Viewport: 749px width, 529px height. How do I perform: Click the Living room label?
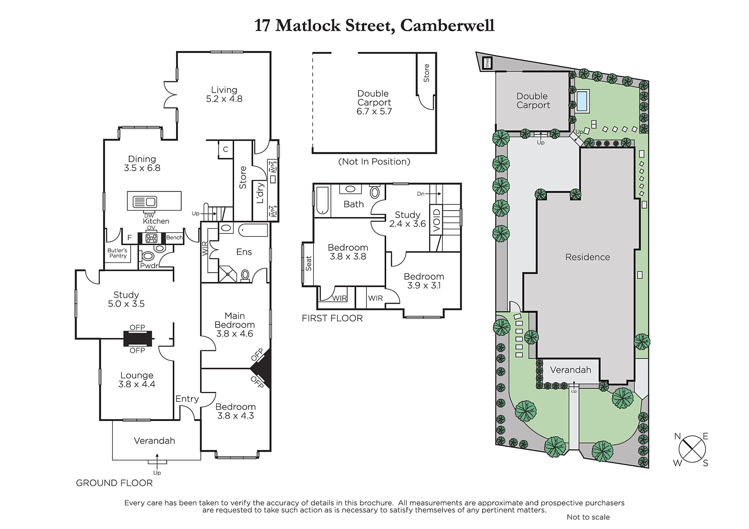(x=224, y=90)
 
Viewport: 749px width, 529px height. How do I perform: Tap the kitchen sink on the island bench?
(x=145, y=202)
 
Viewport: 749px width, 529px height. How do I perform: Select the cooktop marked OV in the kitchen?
(x=152, y=238)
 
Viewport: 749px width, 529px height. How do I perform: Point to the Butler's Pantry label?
(x=117, y=253)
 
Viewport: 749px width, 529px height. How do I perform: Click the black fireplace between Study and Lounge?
(x=138, y=339)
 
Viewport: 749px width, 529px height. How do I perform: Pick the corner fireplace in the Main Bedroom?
(x=262, y=368)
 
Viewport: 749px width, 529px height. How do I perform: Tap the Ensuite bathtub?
(x=253, y=230)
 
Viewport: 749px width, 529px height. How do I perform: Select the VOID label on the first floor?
(x=437, y=220)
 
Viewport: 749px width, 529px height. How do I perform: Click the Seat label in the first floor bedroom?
(x=308, y=263)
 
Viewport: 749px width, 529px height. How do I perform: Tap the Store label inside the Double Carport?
(x=426, y=73)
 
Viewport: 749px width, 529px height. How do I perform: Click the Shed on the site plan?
(x=487, y=63)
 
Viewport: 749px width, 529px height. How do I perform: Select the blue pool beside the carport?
(x=582, y=100)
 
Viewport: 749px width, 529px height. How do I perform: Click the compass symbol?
(x=692, y=449)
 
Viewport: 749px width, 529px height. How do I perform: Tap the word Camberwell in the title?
(x=447, y=25)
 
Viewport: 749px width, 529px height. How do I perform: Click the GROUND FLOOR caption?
(x=114, y=483)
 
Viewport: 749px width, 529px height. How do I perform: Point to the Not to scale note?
(x=588, y=517)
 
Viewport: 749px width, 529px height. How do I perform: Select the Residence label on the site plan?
(x=587, y=257)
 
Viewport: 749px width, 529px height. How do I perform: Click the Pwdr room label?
(x=149, y=266)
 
